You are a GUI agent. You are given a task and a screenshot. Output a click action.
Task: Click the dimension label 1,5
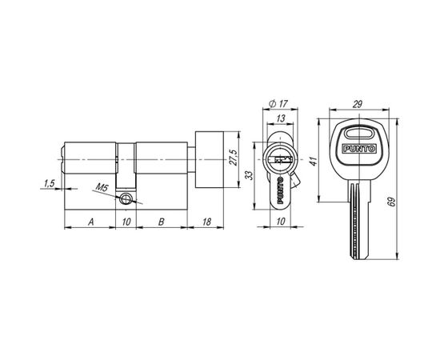coord(49,183)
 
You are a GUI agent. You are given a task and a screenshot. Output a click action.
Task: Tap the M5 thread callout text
coord(102,187)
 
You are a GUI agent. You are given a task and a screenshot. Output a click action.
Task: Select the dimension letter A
coord(90,222)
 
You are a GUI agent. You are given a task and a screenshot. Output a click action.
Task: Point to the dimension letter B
coord(161,222)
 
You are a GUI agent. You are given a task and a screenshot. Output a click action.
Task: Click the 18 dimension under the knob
coord(206,222)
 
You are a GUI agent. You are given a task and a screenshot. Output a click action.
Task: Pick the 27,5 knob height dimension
coord(234,158)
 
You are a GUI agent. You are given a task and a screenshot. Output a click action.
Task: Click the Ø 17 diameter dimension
coord(278,104)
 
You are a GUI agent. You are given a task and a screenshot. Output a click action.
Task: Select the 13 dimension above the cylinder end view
coord(280,118)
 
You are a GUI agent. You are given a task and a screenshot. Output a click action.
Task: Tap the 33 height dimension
coord(249,175)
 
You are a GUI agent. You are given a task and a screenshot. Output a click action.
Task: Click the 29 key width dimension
coord(358,104)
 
